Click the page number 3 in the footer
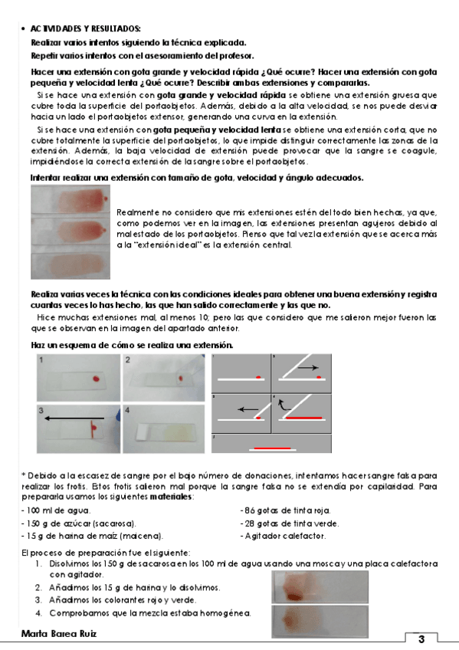(421, 639)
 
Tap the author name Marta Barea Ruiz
(59, 633)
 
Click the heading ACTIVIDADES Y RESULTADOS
(85, 28)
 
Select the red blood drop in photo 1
(96, 379)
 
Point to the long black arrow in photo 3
(74, 419)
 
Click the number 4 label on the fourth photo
(127, 410)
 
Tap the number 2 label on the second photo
(128, 359)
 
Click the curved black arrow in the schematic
(283, 405)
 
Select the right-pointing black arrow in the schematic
(308, 367)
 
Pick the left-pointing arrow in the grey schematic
(248, 409)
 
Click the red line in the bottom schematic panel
(272, 448)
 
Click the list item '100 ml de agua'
(56, 510)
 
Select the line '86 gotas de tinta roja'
(285, 510)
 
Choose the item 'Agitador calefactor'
(283, 536)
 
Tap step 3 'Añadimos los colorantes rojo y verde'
(123, 600)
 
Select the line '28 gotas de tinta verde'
(290, 524)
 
